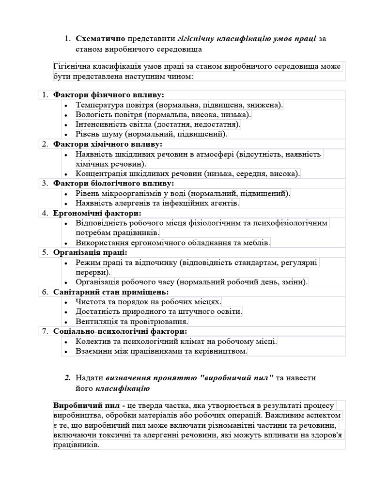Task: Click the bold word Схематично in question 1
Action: click(100, 39)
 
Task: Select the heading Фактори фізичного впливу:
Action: click(108, 94)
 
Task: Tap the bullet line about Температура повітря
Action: click(179, 105)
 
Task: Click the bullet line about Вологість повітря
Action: click(163, 115)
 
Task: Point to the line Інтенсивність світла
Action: click(158, 124)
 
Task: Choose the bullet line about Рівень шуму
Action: click(151, 134)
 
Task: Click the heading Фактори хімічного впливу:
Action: click(108, 144)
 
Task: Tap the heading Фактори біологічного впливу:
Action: click(113, 184)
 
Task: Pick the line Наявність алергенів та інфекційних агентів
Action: click(157, 203)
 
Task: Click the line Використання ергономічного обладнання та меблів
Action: click(173, 243)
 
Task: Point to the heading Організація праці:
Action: click(90, 252)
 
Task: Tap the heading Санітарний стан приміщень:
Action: click(111, 292)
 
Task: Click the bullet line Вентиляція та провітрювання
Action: click(132, 322)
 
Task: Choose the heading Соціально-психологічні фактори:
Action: click(120, 331)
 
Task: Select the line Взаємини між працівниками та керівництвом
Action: click(161, 351)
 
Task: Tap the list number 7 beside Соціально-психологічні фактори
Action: click(44, 331)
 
